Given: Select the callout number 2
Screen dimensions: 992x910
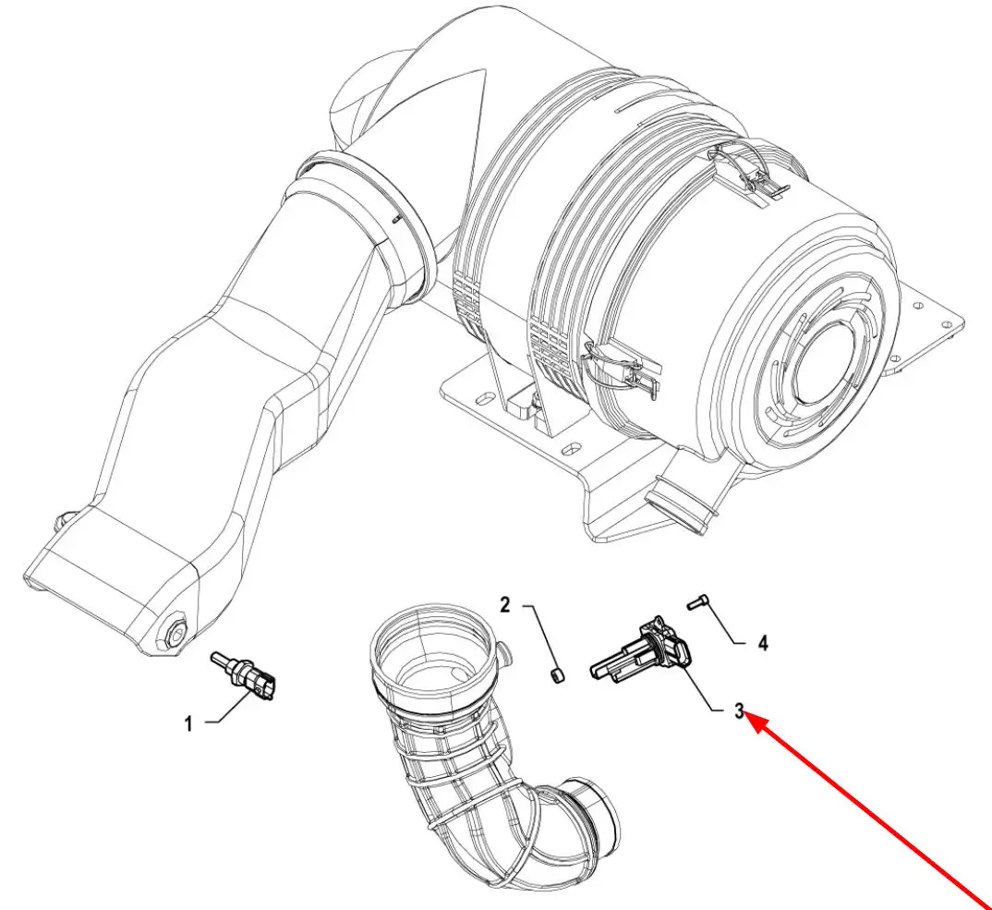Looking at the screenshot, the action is [x=505, y=606].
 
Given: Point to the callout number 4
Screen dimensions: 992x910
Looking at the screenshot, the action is [x=762, y=641].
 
